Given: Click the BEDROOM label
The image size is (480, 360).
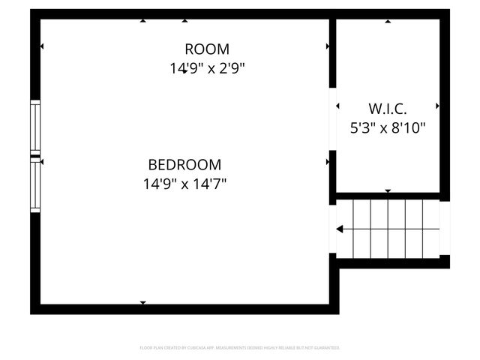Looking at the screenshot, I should pos(184,164).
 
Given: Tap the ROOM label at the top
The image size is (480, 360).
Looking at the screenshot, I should pos(207,49).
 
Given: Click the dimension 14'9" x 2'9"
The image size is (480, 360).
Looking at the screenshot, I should pos(207,68).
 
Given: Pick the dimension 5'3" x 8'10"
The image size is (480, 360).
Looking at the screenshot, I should pos(388,127).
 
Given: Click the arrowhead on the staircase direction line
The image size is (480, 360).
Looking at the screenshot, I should pos(340,229).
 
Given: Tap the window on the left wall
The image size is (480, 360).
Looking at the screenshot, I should pos(34,156).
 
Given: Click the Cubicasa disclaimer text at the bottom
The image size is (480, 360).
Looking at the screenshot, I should pos(240,348).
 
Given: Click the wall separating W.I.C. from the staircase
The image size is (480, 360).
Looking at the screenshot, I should pos(388,196).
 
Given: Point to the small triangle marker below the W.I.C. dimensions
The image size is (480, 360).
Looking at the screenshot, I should pos(388,190).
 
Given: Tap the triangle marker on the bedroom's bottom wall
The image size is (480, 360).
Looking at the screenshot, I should pos(142,302).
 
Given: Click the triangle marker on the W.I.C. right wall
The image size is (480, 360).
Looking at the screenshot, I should pos(437,106).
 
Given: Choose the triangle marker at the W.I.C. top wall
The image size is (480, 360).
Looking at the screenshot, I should pos(388,22).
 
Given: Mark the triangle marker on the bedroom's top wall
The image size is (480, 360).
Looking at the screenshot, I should pos(142,21).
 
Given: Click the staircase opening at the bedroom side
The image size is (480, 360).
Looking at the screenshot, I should pos(332,229).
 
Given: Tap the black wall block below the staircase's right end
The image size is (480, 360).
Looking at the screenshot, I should pos(445,261).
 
